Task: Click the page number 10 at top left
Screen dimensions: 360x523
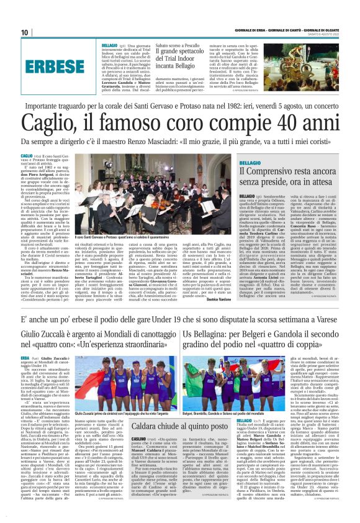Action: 24,32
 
